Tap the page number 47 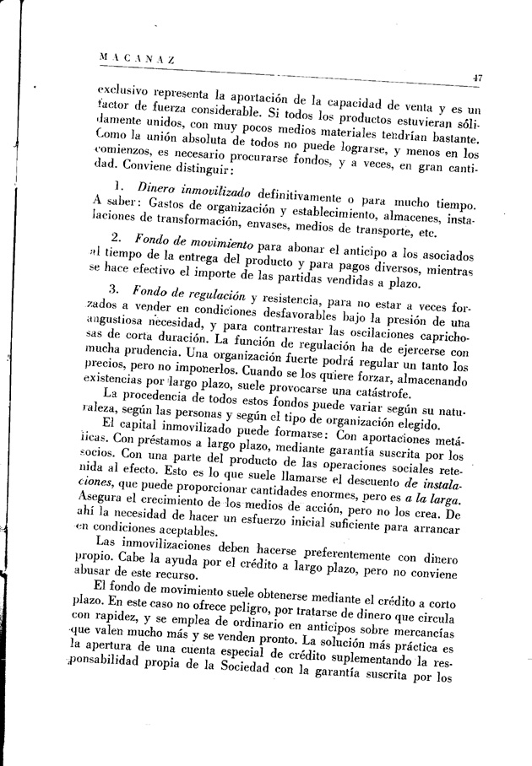pos(477,78)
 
